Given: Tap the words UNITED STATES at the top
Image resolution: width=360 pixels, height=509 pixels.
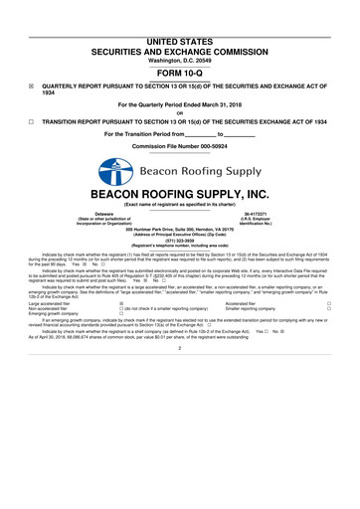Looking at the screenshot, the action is (180, 41).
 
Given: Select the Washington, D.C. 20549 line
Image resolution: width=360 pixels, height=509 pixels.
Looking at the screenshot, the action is (180, 61).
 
